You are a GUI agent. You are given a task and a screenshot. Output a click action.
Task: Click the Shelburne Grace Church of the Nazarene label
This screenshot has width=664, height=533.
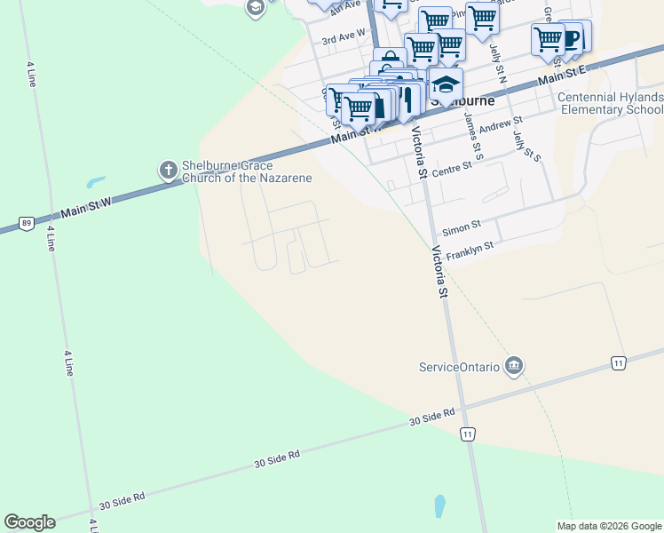pyautogui.click(x=247, y=171)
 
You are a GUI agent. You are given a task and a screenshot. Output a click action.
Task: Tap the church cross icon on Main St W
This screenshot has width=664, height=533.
pyautogui.click(x=168, y=169)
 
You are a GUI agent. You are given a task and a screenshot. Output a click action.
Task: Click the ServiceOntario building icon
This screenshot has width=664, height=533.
pyautogui.click(x=513, y=365)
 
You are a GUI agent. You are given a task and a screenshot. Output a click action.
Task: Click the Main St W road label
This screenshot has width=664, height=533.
pyautogui.click(x=87, y=210)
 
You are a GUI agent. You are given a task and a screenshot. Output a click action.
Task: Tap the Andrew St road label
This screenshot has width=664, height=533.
pyautogui.click(x=501, y=125)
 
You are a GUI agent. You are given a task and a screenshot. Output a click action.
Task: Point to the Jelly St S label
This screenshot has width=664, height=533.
pyautogui.click(x=527, y=142)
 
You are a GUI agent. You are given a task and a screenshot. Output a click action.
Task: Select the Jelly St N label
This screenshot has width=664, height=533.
pyautogui.click(x=497, y=64)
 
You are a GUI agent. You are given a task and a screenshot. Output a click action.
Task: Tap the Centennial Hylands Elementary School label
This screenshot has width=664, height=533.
pyautogui.click(x=611, y=103)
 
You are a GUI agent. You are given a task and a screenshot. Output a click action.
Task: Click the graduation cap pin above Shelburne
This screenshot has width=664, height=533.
pyautogui.click(x=447, y=84)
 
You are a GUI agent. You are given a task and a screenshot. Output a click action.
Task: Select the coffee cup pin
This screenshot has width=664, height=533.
pyautogui.click(x=572, y=38)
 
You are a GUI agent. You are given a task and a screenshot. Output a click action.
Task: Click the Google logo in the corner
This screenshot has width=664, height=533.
pyautogui.click(x=29, y=522)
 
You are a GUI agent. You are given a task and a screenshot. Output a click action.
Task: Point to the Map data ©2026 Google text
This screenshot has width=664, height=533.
pyautogui.click(x=609, y=526)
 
